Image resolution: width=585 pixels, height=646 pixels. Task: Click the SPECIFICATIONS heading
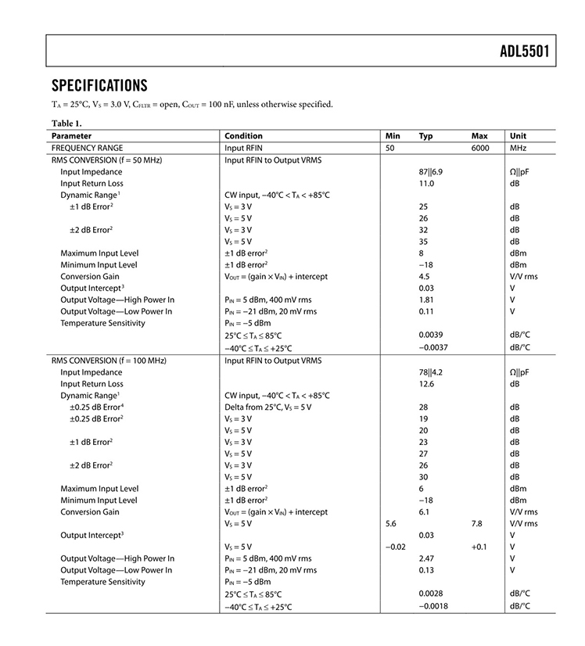pos(99,85)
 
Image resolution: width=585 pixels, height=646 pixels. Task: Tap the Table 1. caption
pos(66,123)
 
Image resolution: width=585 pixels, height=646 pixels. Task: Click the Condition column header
pos(243,136)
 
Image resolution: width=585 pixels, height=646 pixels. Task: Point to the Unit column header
pos(518,136)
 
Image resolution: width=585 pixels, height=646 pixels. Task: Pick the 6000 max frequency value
pos(480,148)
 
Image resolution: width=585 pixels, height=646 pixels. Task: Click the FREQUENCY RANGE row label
pos(87,148)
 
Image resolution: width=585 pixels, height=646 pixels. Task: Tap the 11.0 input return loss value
pos(426,183)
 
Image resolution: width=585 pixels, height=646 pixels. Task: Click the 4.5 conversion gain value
pos(425,277)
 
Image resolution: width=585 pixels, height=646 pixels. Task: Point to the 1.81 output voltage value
pos(426,300)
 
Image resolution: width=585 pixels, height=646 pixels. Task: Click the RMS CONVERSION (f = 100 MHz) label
pos(109,361)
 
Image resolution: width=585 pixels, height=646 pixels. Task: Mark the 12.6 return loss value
pos(426,384)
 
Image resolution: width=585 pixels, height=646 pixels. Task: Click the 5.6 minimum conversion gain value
pos(393,523)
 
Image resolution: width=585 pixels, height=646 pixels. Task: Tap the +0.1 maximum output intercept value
pos(479,547)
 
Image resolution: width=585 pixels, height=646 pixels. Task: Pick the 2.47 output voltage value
pos(426,558)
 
